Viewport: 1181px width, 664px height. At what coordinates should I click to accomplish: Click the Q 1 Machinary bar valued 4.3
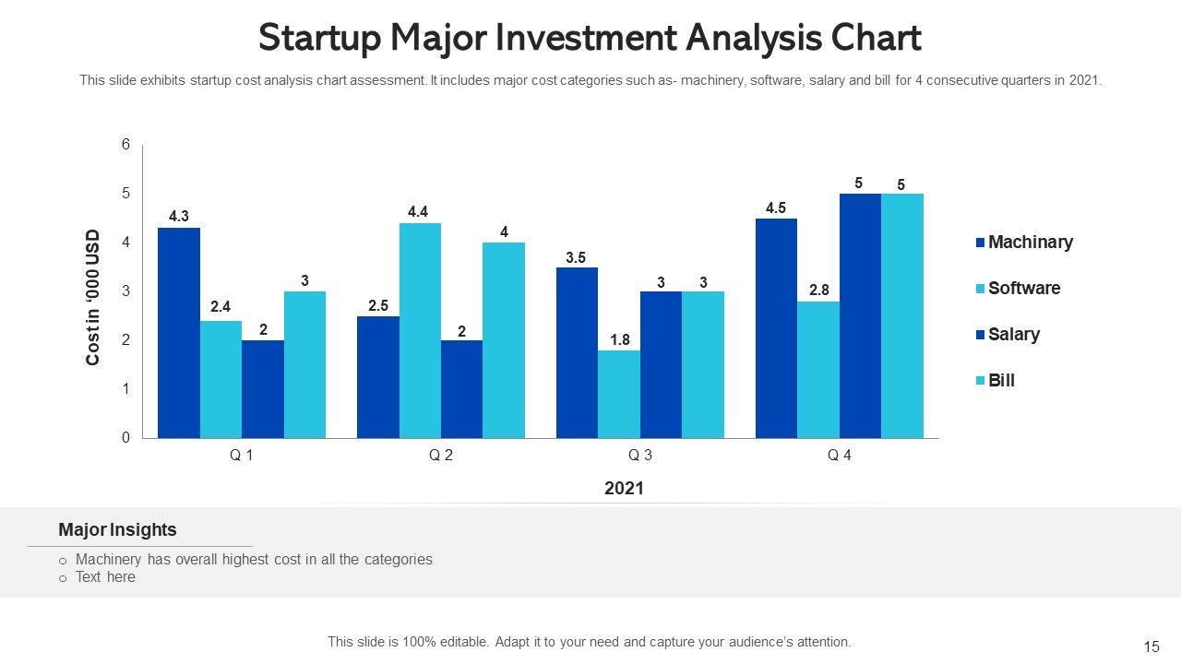(x=179, y=332)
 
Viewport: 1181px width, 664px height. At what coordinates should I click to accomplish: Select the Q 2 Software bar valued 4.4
(x=420, y=330)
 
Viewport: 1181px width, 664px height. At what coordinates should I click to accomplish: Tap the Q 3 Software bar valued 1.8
(x=619, y=394)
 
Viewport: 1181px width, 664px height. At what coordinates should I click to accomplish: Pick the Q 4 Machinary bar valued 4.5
(x=776, y=327)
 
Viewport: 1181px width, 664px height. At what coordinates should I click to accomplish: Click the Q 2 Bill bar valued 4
(x=504, y=339)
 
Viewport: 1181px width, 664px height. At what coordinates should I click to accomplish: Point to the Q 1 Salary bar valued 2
(x=263, y=388)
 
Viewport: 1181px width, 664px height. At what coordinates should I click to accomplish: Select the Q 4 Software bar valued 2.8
(x=818, y=369)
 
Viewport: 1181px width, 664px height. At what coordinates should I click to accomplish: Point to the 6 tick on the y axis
(x=125, y=145)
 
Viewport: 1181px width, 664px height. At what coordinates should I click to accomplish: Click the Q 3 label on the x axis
(x=640, y=456)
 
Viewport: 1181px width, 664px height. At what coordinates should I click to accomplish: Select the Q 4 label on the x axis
(x=840, y=456)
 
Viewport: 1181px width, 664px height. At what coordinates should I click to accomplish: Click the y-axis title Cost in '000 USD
(x=93, y=297)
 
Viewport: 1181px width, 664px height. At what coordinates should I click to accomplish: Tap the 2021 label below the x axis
(x=624, y=489)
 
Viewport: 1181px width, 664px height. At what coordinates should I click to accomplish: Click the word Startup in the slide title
(x=319, y=39)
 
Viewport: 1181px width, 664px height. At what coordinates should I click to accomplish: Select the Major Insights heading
(x=117, y=530)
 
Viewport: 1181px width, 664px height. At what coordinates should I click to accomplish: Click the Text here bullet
(x=105, y=577)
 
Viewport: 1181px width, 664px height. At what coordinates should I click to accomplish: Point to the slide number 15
(x=1151, y=647)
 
